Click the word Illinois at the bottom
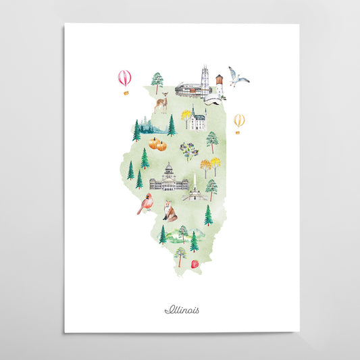click(182, 310)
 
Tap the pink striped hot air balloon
click(124, 78)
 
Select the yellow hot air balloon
click(239, 120)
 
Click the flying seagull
click(237, 76)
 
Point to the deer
click(161, 103)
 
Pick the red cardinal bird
click(145, 203)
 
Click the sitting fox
click(170, 213)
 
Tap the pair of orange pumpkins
click(157, 144)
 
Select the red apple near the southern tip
click(195, 264)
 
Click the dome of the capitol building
click(170, 170)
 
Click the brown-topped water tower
click(219, 84)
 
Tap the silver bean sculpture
click(213, 101)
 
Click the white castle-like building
click(197, 120)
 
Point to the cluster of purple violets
click(189, 149)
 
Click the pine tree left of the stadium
click(157, 82)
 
